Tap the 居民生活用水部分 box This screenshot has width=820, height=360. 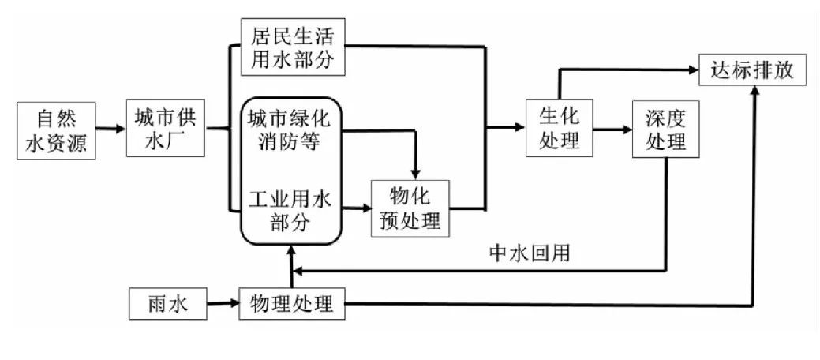293,47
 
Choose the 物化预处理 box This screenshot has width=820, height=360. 410,208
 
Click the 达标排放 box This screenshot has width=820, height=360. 753,71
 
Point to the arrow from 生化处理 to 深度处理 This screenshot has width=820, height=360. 612,129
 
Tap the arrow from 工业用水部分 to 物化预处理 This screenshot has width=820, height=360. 358,208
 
